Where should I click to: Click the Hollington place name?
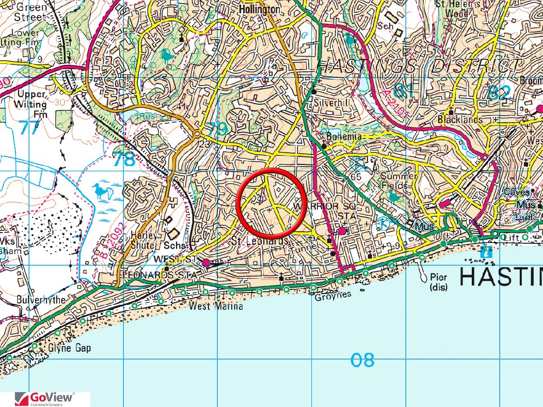click(260, 10)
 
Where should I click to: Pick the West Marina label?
click(215, 307)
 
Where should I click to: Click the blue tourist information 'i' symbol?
click(485, 252)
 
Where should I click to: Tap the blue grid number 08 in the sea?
click(362, 360)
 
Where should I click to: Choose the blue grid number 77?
click(29, 127)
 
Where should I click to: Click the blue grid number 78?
click(124, 159)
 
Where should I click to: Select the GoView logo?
click(45, 399)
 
